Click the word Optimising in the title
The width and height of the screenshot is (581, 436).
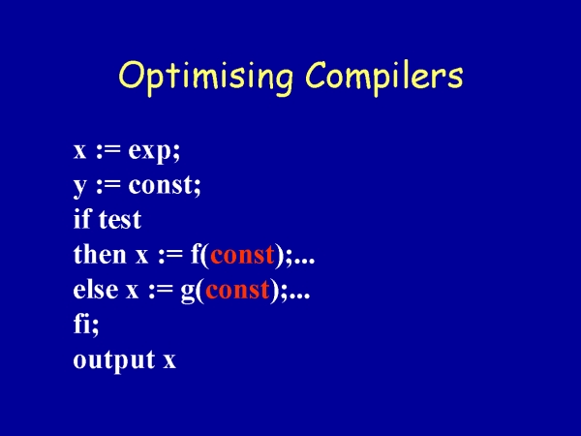pos(205,78)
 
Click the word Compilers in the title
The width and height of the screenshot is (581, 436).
pos(384,78)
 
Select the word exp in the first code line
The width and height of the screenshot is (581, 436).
pos(151,152)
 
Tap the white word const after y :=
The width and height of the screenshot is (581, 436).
pos(162,185)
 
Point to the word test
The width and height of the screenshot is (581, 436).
pos(120,219)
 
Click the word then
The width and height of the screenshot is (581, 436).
pos(100,254)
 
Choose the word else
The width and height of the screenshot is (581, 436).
pos(96,289)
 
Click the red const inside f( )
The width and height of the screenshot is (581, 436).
pos(242,255)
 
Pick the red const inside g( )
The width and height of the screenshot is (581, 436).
pos(237,290)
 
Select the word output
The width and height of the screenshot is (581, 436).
pos(114,360)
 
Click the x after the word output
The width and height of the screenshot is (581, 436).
pos(169,360)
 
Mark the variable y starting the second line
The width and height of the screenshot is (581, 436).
pos(79,187)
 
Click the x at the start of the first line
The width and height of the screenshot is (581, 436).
pos(79,151)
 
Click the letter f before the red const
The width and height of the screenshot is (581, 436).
pos(196,254)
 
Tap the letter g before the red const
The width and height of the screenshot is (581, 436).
pos(188,292)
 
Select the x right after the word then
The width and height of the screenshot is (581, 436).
pos(141,256)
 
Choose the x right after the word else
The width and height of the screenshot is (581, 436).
pos(132,291)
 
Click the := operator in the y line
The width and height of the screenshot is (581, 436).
pos(108,186)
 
